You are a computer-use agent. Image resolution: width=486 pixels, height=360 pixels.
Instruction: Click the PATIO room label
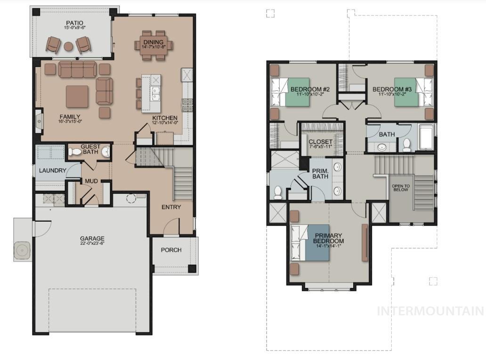[74, 22]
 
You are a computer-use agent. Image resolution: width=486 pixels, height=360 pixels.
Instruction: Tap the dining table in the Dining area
[154, 45]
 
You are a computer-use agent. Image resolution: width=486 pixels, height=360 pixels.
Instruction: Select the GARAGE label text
[92, 239]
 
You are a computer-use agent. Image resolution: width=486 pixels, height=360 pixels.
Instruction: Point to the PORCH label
[171, 250]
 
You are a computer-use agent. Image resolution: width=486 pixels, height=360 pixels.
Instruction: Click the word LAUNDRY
[52, 170]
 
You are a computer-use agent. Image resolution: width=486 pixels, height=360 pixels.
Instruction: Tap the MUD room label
[91, 181]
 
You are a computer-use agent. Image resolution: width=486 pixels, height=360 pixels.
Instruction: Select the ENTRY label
[171, 207]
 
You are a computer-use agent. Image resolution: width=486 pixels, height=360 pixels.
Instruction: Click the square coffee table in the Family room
[77, 96]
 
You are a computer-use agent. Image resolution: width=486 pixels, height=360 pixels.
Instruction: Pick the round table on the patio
[68, 46]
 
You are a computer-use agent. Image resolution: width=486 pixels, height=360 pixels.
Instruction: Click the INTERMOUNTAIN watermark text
[430, 311]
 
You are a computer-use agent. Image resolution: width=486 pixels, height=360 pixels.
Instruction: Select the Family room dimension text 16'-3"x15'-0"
[70, 122]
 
